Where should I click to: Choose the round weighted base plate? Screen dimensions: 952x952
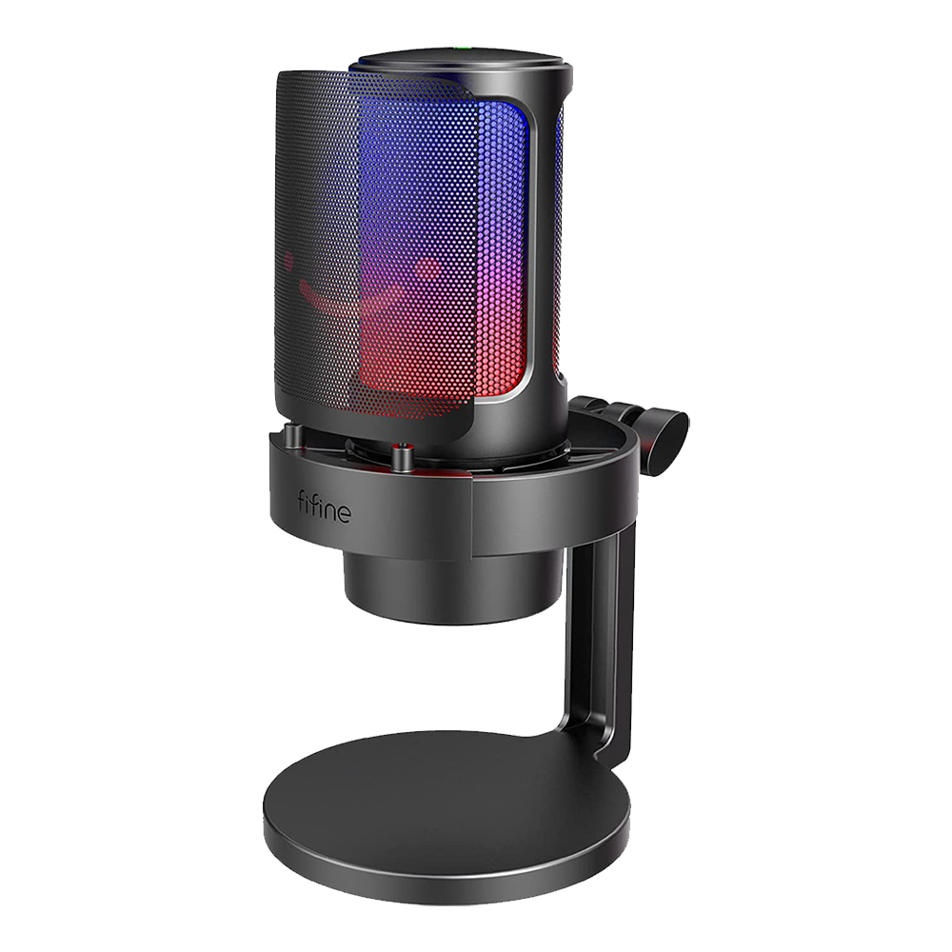click(447, 819)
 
